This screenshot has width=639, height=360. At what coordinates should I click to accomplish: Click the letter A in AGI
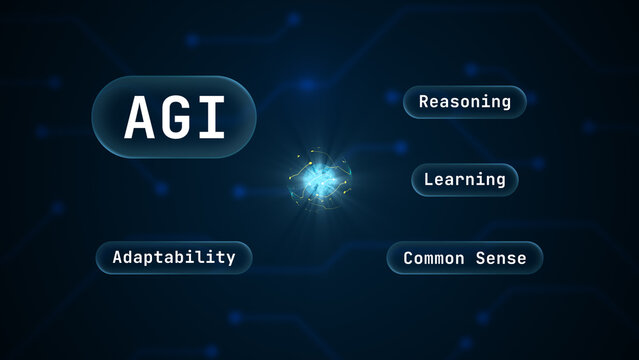[x=139, y=118]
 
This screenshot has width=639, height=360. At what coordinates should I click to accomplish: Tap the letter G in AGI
[x=175, y=118]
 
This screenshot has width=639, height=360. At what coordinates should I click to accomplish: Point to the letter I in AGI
[x=210, y=118]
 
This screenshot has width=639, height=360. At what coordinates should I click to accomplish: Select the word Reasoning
[x=465, y=102]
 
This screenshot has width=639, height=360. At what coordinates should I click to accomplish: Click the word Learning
[x=465, y=180]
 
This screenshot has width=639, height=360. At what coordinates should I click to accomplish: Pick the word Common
[x=434, y=258]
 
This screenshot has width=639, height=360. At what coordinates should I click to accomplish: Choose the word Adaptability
[x=174, y=257]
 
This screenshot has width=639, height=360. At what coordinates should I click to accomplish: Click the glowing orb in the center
[x=319, y=180]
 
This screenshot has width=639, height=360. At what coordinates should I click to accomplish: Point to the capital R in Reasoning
[x=424, y=102]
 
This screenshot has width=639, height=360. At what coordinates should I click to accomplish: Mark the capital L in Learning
[x=429, y=180]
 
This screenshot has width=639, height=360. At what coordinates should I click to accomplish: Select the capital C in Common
[x=408, y=258]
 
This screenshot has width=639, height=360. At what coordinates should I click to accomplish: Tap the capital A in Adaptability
[x=118, y=257]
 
